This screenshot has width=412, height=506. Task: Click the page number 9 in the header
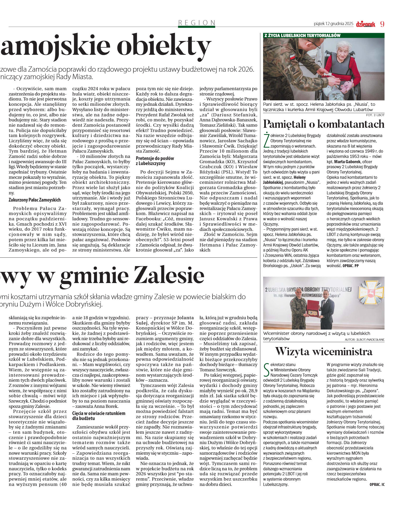382,24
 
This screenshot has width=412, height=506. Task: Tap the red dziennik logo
365,24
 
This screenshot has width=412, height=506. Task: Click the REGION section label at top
197,23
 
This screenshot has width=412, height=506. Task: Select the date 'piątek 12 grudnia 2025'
333,24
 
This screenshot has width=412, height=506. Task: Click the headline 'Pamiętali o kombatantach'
324,124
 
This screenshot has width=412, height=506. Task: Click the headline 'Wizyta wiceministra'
324,351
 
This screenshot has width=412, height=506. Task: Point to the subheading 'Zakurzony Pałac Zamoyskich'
35,200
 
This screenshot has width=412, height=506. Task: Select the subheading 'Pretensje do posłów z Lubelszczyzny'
155,161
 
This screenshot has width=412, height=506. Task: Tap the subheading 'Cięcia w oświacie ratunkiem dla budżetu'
99,416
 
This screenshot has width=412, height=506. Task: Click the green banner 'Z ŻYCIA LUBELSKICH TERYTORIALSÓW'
302,35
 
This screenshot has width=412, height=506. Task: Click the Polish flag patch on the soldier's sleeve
292,57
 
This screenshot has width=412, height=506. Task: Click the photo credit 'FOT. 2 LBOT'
375,115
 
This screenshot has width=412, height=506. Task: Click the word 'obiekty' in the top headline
164,46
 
